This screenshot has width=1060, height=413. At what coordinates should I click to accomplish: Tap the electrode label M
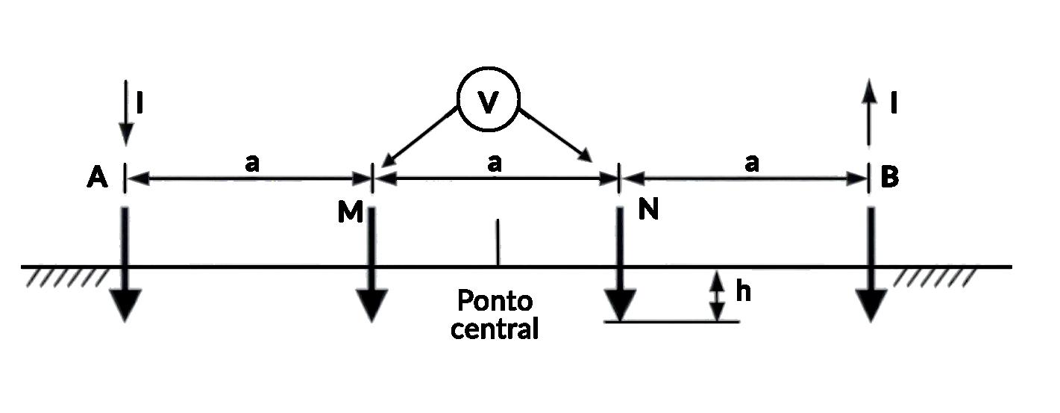(350, 213)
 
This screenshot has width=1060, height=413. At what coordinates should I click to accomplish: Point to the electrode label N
(648, 211)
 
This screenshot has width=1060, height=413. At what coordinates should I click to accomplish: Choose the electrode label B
(889, 178)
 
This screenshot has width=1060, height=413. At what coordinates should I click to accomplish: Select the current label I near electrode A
(141, 102)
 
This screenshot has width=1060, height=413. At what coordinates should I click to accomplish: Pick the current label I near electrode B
(893, 102)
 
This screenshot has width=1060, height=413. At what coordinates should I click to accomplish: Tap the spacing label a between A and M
(252, 163)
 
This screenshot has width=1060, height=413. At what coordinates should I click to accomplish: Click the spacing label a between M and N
(494, 163)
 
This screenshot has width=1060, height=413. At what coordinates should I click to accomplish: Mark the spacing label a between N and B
(751, 163)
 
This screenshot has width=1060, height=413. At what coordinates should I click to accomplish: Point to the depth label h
(743, 293)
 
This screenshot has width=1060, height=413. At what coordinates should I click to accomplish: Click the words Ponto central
(495, 314)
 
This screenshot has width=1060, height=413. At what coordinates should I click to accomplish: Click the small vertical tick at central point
(497, 243)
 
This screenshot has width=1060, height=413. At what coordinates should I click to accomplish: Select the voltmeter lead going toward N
(555, 134)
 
